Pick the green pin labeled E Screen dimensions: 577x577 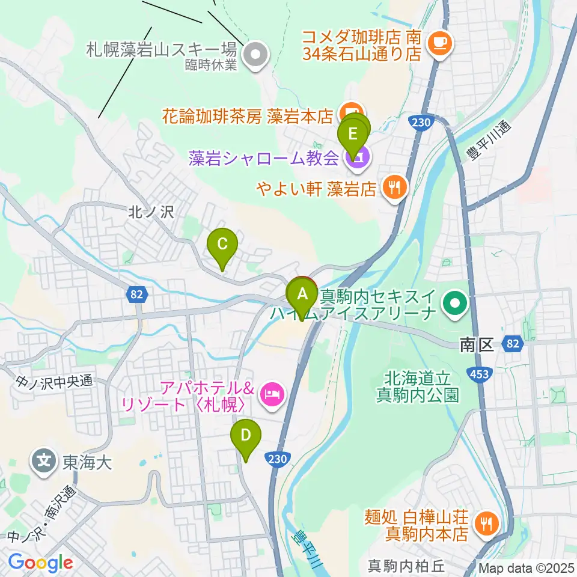click(x=353, y=133)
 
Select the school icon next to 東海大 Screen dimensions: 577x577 click(x=44, y=462)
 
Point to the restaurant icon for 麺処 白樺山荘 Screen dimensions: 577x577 click(x=485, y=524)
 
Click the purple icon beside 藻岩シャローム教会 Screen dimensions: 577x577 click(x=358, y=158)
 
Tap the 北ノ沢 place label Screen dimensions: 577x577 click(x=142, y=212)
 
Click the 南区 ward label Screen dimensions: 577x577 click(x=476, y=344)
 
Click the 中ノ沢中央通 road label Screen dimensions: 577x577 click(x=54, y=380)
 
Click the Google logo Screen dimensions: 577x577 click(x=40, y=563)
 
